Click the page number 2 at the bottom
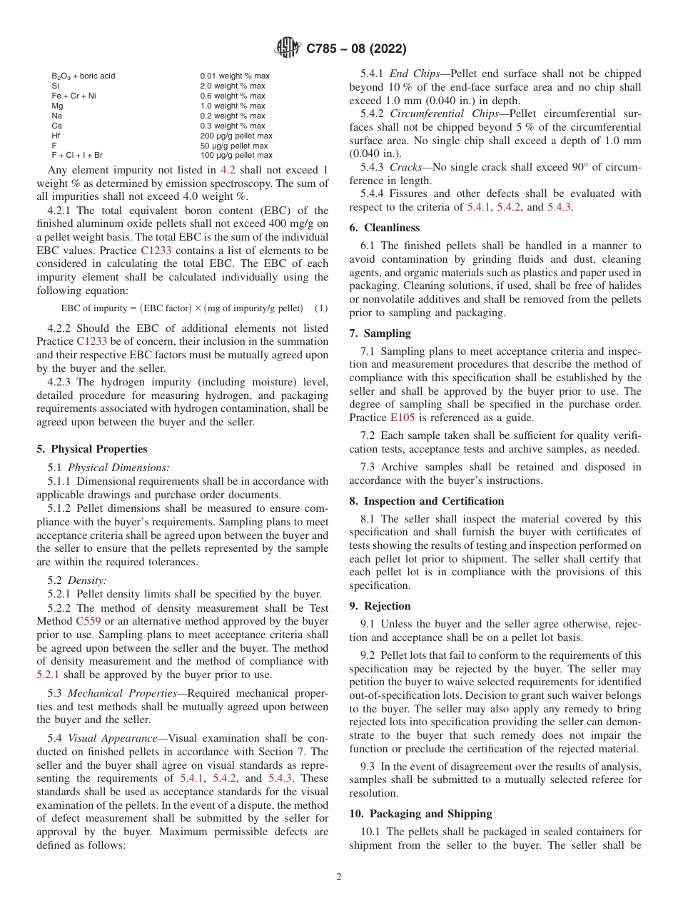[339, 877]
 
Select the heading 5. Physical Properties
[92, 449]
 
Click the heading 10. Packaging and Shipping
[420, 814]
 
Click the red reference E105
[403, 418]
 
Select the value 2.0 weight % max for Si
[232, 86]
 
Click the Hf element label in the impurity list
[56, 136]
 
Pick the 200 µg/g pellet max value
[236, 136]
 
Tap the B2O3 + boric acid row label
[83, 76]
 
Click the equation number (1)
[322, 308]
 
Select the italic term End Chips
[408, 74]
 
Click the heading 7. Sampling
[380, 333]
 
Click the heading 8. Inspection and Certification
[426, 501]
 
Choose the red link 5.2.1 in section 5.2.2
[50, 674]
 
